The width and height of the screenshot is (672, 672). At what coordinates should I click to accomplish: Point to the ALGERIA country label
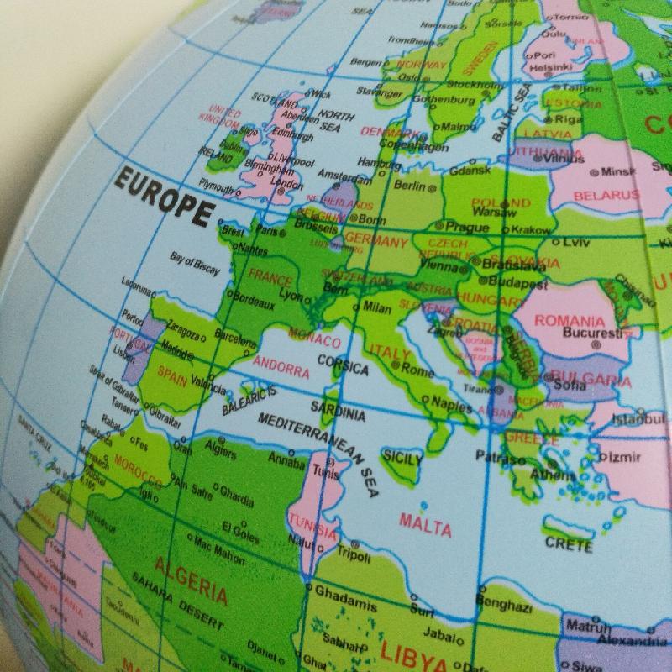(191, 580)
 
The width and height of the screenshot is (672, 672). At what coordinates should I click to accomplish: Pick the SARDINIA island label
(338, 409)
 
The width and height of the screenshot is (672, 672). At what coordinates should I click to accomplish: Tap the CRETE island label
(569, 543)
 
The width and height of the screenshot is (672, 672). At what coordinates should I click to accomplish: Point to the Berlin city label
(409, 186)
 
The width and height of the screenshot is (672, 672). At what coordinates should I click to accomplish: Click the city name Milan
(378, 307)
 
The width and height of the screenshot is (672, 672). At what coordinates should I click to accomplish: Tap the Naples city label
(452, 405)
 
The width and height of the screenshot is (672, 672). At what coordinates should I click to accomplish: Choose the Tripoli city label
(353, 555)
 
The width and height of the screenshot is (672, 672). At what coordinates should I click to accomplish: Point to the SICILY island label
(402, 458)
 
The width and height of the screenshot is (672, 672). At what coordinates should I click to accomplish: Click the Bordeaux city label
(252, 300)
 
